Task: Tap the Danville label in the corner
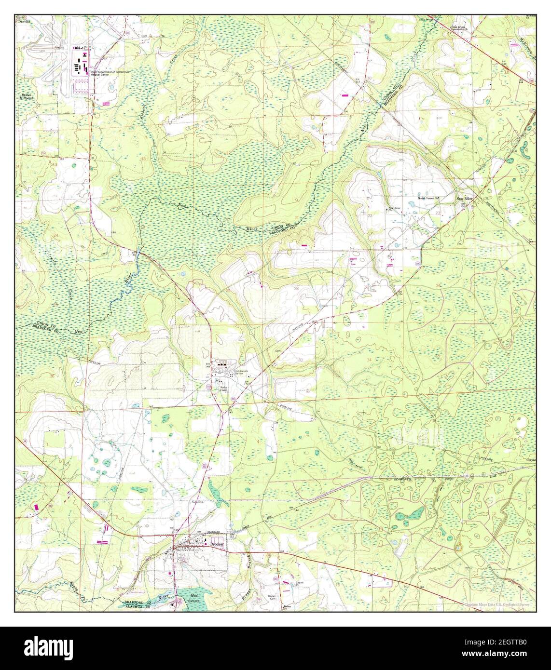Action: click(24, 23)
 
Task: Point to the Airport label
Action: click(60, 48)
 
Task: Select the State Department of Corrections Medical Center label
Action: click(108, 73)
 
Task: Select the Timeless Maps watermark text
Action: click(497, 604)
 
